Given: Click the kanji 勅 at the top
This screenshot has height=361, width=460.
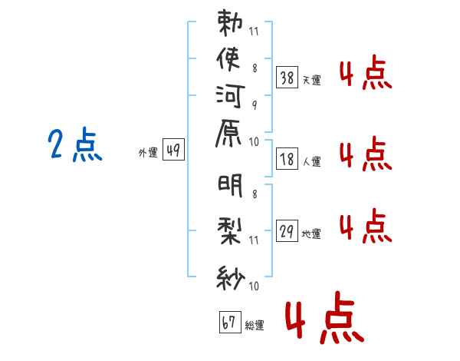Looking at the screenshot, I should [230, 23].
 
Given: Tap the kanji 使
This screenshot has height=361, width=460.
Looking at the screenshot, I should [230, 58].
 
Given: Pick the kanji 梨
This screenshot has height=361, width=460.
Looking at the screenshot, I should [230, 229].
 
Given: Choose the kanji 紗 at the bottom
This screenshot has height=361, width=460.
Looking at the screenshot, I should [230, 274].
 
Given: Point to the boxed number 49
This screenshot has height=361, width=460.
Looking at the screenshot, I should [173, 151].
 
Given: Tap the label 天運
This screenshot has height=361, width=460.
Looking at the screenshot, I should [312, 80].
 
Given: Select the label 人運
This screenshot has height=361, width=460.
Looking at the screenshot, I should [312, 162].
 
